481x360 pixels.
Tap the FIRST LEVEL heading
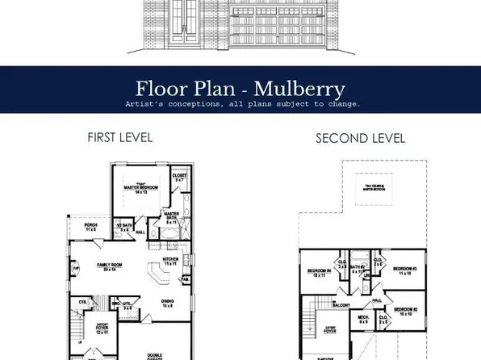tap(119, 138)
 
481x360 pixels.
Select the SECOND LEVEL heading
tap(360, 139)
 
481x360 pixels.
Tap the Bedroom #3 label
tap(404, 270)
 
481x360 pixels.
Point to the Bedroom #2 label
tap(405, 310)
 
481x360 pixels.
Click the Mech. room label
tap(363, 320)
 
